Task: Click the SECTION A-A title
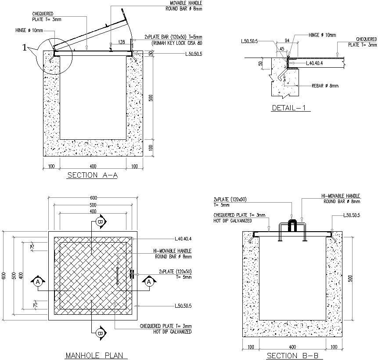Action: (92, 175)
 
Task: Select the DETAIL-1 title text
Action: (291, 108)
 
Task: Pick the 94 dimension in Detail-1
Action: (288, 40)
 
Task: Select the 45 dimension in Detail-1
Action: (282, 49)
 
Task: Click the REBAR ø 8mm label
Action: (325, 86)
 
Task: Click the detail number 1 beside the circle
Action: (25, 49)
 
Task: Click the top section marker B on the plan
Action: (101, 222)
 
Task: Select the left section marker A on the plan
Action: (38, 281)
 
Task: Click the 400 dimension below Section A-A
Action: (93, 166)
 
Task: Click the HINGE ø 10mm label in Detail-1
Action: (322, 35)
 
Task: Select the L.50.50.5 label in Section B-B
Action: (352, 215)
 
